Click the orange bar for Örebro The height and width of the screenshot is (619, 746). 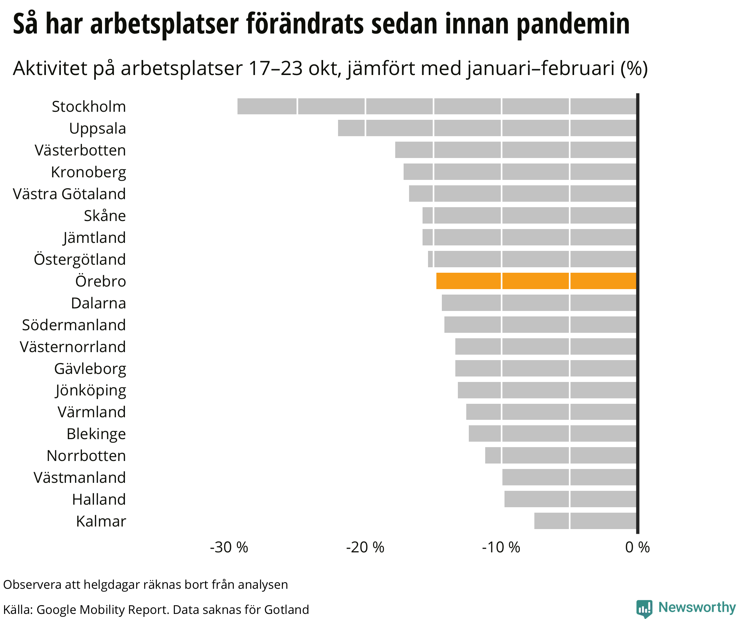536,281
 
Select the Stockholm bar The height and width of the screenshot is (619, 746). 437,106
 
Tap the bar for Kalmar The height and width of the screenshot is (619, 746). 585,521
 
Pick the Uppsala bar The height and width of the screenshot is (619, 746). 487,128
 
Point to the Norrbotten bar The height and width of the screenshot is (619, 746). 561,455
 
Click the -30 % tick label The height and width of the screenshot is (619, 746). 229,547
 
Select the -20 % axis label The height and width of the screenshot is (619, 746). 365,547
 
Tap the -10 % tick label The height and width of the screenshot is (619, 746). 501,547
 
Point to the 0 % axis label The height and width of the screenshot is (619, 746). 637,547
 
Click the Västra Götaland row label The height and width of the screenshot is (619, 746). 69,194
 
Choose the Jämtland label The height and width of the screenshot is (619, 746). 94,238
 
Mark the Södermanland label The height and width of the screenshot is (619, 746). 74,325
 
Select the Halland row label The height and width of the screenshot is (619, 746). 99,499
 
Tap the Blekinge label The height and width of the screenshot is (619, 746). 96,434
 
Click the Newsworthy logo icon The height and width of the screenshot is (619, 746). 644,608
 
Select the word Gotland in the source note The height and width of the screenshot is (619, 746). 286,609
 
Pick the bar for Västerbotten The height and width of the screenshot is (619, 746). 516,150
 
